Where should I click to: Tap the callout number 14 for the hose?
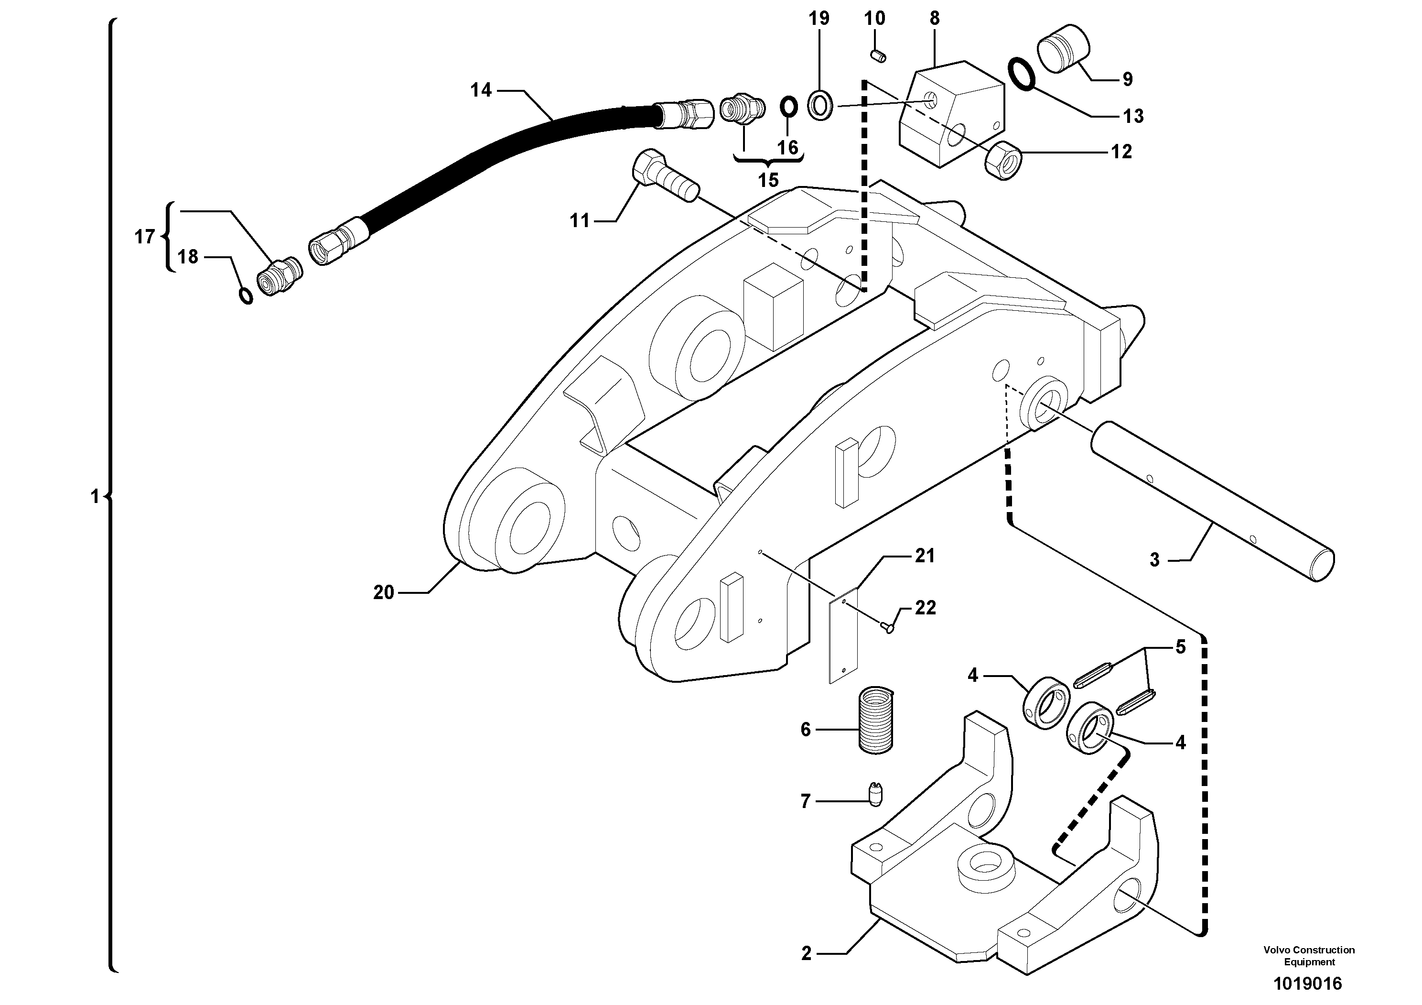coord(481,90)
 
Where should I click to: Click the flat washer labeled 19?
coord(820,105)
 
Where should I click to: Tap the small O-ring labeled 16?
coord(788,106)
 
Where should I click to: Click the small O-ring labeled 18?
coord(247,296)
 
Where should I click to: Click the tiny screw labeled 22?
coord(889,629)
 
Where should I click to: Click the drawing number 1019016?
coord(1307,983)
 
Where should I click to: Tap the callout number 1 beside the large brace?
coord(94,496)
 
